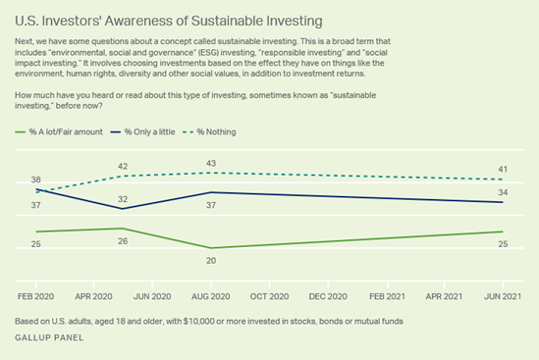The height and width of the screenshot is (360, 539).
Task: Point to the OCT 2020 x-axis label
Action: pos(268,294)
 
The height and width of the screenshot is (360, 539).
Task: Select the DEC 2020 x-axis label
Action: pos(328,294)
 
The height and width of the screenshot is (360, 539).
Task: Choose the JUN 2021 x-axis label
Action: pos(504,294)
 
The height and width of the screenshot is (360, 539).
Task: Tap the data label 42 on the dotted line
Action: pos(123,167)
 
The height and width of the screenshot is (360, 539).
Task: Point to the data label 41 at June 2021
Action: pos(504,169)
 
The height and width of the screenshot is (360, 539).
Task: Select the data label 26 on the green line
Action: pos(123,240)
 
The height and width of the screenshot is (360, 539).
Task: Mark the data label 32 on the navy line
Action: pos(123,198)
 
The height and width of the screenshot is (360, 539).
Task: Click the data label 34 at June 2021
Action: pos(504,192)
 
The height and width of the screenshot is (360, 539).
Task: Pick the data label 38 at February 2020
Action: pos(36,180)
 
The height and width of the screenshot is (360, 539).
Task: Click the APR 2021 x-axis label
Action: pos(445,294)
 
